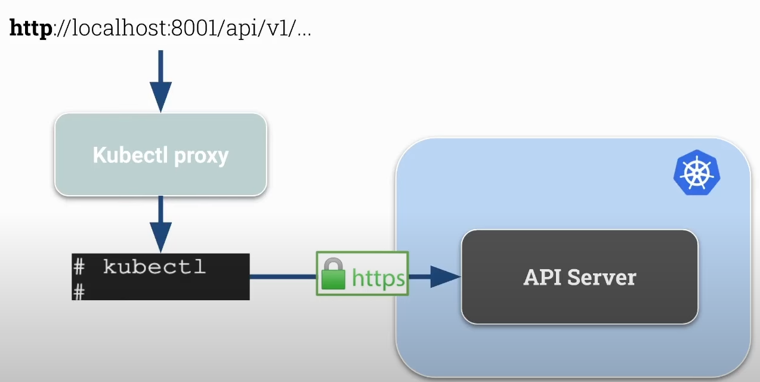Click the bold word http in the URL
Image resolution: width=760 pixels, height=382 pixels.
click(30, 29)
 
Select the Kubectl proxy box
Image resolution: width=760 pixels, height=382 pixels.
click(160, 155)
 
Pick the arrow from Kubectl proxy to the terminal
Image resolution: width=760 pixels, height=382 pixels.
click(160, 225)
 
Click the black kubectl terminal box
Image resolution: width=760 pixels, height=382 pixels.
click(160, 276)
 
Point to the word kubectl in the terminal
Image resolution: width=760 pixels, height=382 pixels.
click(154, 267)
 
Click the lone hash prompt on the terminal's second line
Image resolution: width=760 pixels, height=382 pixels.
click(79, 291)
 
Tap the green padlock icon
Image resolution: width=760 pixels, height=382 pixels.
click(333, 274)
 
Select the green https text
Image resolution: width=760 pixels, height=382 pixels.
click(378, 278)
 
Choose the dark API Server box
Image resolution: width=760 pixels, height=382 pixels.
click(579, 277)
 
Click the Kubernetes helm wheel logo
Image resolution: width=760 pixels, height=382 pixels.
click(696, 172)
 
